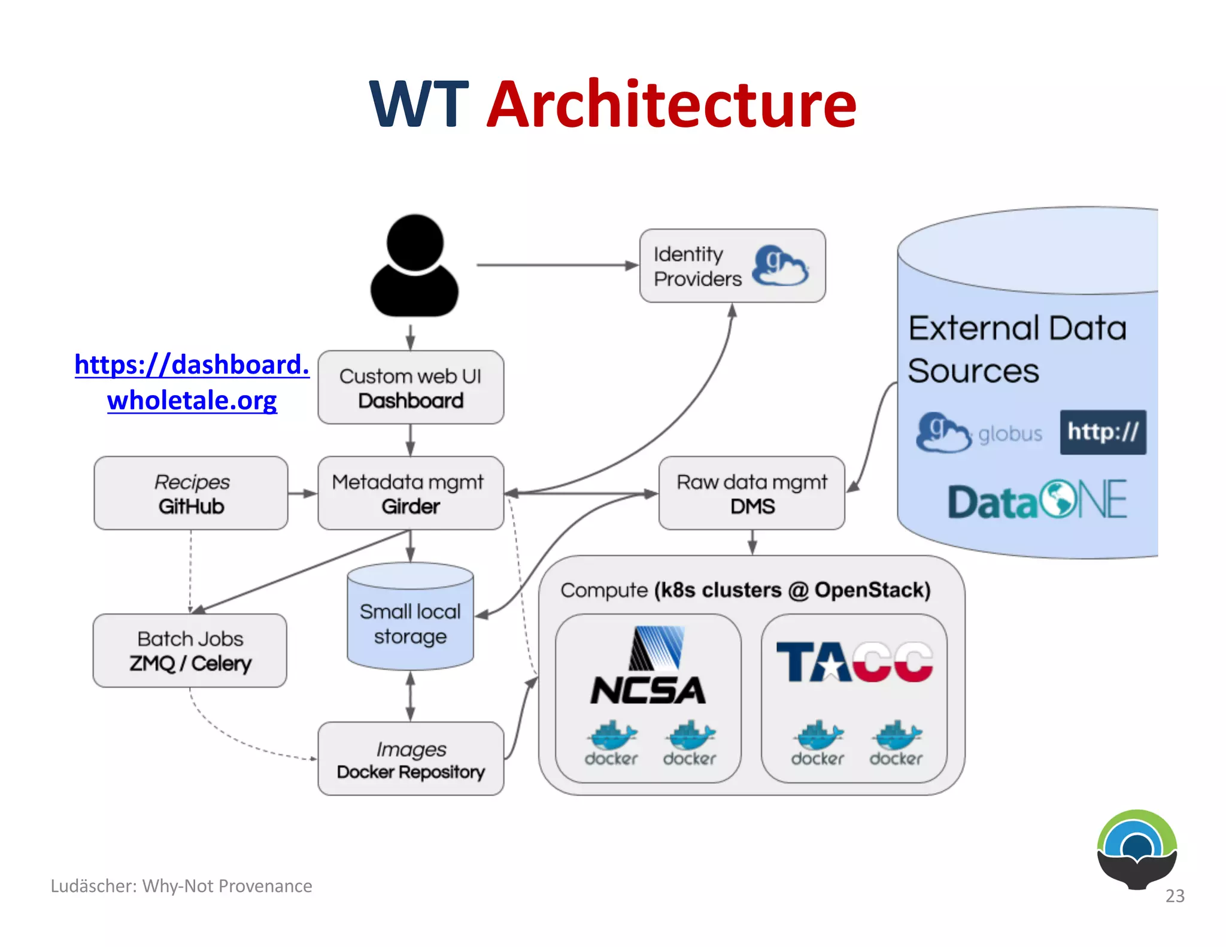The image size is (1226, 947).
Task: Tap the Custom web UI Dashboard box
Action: coord(411,388)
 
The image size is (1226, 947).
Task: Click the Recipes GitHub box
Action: coord(191,493)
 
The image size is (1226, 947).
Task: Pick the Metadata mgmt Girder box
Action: coord(411,493)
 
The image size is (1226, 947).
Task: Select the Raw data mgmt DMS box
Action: coord(752,493)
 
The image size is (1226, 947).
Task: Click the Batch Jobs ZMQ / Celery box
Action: coord(190,651)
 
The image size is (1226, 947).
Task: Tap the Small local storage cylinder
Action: coord(411,620)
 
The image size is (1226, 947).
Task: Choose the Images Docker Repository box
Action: coord(411,759)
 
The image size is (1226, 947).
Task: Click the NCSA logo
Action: coord(648,667)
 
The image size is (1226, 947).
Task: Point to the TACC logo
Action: coord(854,662)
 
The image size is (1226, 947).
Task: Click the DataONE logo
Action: coord(1037,501)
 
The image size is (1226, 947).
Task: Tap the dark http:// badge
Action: coord(1103,432)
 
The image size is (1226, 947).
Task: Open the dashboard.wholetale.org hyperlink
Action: coord(192,382)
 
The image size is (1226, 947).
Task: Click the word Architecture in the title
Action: coord(672,105)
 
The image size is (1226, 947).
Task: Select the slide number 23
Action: coord(1175,896)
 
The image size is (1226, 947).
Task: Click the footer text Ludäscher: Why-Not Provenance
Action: coord(181,886)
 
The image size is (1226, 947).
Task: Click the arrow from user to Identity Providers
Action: coord(557,265)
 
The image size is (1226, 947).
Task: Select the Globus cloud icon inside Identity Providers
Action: coord(780,266)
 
